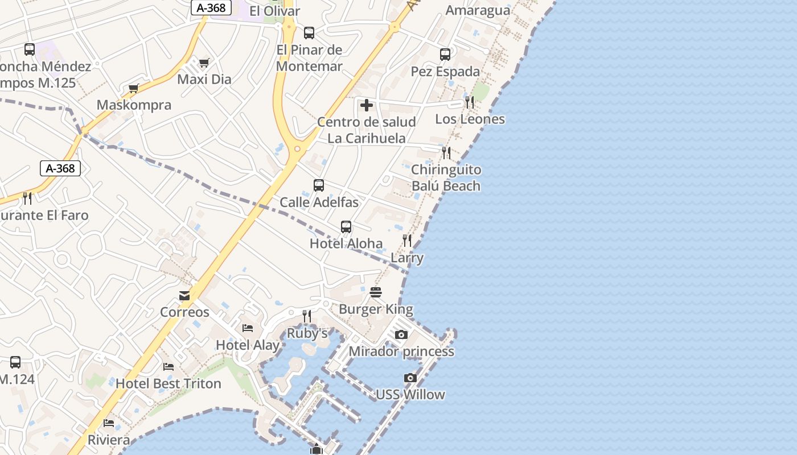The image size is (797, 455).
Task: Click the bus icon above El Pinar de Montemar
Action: click(309, 33)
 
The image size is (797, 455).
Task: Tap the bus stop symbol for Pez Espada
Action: click(445, 55)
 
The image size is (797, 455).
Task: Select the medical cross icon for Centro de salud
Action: click(367, 105)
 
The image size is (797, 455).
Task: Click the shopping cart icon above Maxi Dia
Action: click(204, 63)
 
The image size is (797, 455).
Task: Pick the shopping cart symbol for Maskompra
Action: click(134, 88)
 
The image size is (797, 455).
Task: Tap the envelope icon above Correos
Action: click(184, 296)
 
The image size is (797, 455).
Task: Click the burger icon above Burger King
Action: click(376, 292)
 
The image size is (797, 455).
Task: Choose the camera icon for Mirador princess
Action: click(401, 334)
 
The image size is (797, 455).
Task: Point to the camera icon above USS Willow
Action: click(410, 378)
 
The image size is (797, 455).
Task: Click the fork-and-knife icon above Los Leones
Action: click(470, 102)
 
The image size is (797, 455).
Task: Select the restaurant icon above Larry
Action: click(407, 241)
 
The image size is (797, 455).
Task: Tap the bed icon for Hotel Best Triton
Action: click(168, 367)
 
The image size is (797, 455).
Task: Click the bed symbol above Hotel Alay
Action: click(248, 328)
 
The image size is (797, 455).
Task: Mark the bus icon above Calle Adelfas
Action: click(319, 185)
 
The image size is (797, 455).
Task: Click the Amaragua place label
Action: click(478, 10)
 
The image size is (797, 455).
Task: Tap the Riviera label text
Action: click(109, 440)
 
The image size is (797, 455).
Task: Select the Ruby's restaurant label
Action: click(307, 333)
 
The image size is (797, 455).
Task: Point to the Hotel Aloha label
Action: click(346, 243)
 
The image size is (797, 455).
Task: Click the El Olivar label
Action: click(274, 11)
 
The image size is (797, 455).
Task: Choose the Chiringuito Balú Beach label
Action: click(446, 177)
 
